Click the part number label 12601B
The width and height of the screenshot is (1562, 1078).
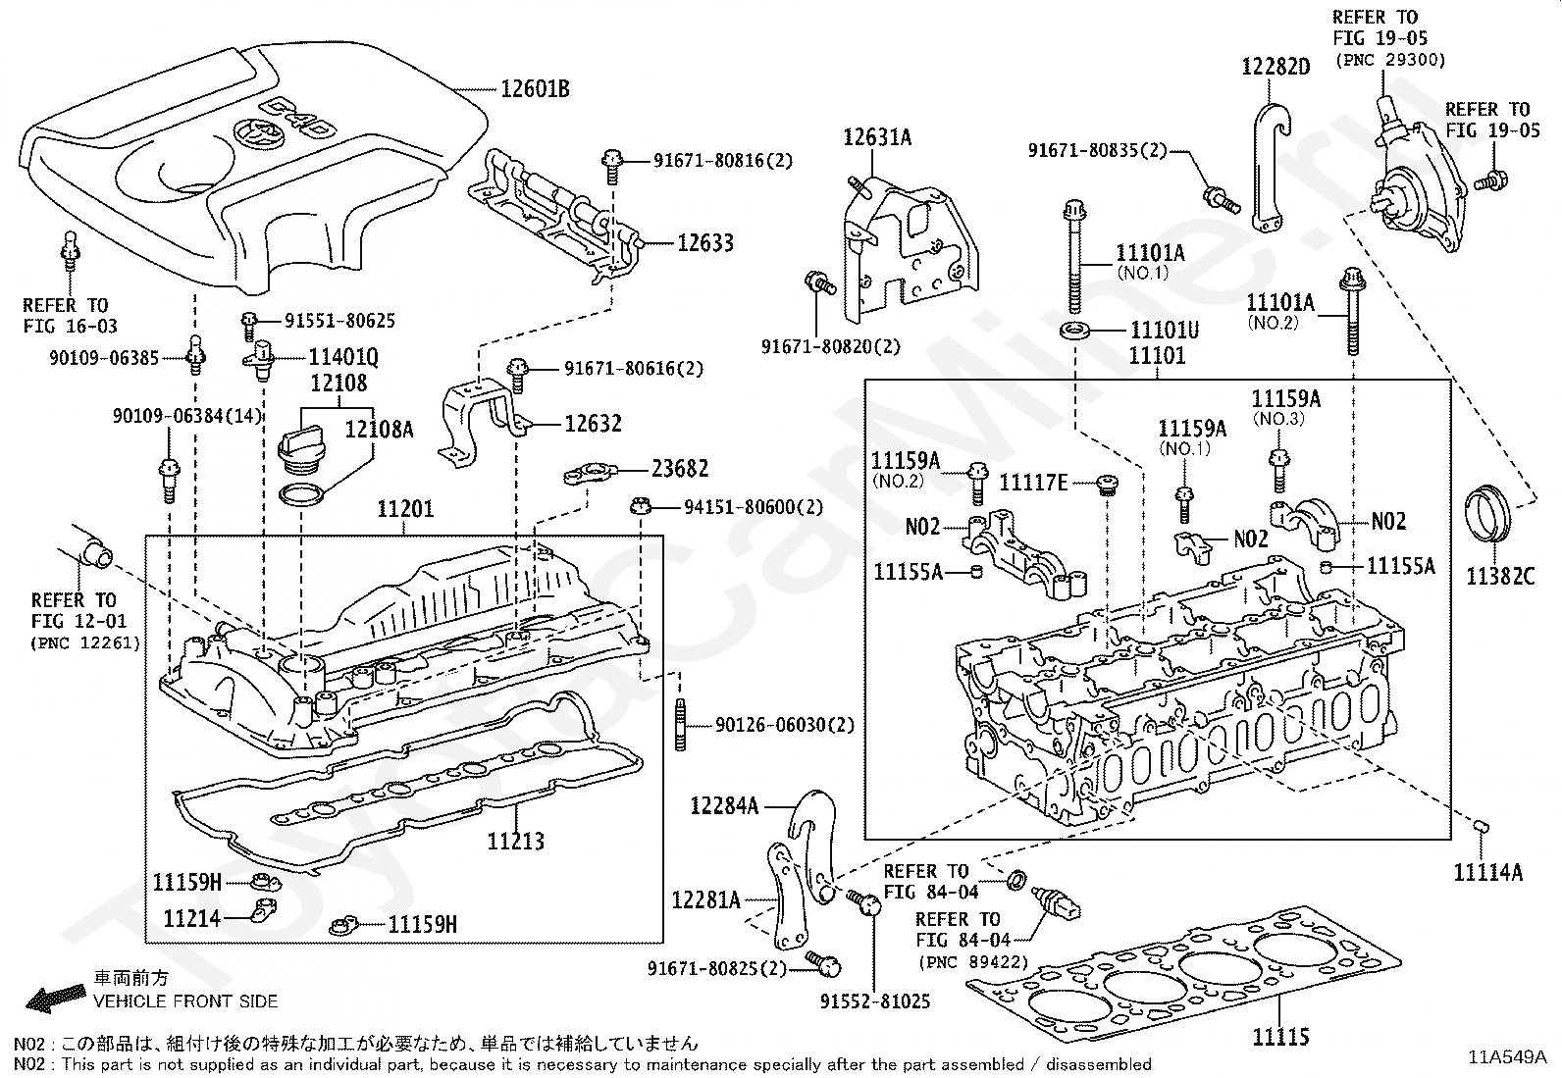pyautogui.click(x=535, y=89)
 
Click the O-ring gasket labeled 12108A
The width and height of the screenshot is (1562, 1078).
pyautogui.click(x=300, y=492)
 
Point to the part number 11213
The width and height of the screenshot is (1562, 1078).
pyautogui.click(x=516, y=841)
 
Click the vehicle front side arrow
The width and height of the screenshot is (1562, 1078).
pyautogui.click(x=54, y=999)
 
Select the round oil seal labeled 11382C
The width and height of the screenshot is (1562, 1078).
pyautogui.click(x=1489, y=512)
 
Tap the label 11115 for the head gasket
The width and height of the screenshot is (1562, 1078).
pyautogui.click(x=1279, y=1037)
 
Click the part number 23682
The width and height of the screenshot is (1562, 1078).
pyautogui.click(x=678, y=469)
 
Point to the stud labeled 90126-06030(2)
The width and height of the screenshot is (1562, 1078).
pyautogui.click(x=679, y=725)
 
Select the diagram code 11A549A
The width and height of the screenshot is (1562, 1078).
pyautogui.click(x=1507, y=1057)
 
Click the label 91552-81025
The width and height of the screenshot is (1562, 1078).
pyautogui.click(x=875, y=1001)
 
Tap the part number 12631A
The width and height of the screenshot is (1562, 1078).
pyautogui.click(x=877, y=137)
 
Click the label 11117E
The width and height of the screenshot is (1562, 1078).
pyautogui.click(x=1033, y=482)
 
